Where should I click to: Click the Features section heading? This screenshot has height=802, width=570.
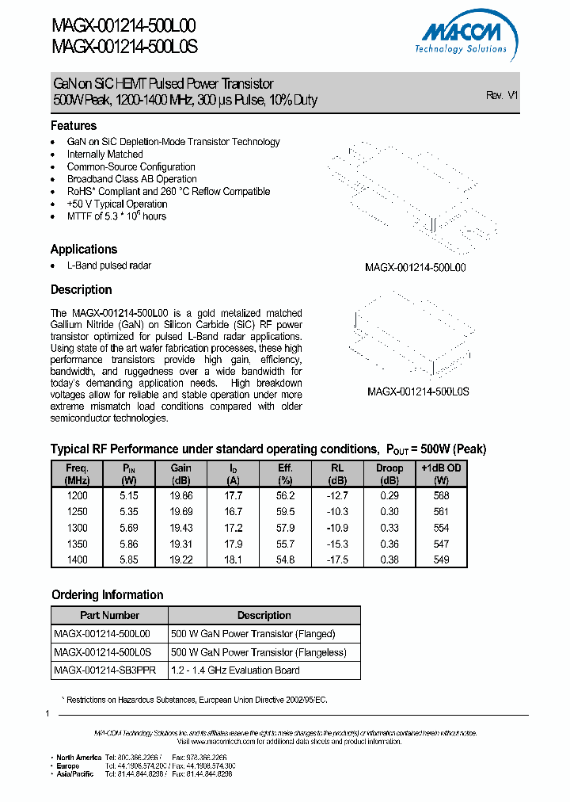(74, 126)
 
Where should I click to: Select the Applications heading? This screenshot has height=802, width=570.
(84, 249)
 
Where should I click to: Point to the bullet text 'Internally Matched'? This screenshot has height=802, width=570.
(104, 155)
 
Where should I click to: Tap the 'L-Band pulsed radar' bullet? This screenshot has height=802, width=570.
(108, 265)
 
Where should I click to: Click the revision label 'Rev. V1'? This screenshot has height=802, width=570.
(502, 95)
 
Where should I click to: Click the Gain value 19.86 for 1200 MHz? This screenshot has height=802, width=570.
(181, 495)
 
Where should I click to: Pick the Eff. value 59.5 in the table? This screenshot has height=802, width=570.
(286, 512)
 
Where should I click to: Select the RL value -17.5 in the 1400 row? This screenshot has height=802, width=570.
(337, 559)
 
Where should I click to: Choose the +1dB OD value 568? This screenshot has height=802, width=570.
(441, 495)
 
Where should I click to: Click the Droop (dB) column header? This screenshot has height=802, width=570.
(389, 474)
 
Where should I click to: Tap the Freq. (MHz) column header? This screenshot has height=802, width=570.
(78, 474)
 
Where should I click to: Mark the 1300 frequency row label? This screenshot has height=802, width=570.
(78, 528)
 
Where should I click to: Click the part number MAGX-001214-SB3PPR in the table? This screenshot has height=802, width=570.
(104, 670)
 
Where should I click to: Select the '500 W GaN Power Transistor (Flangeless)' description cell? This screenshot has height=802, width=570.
(259, 652)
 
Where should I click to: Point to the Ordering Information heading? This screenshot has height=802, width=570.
(108, 595)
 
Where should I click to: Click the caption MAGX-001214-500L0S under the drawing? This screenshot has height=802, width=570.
(418, 391)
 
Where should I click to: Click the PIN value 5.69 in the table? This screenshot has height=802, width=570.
(127, 528)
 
